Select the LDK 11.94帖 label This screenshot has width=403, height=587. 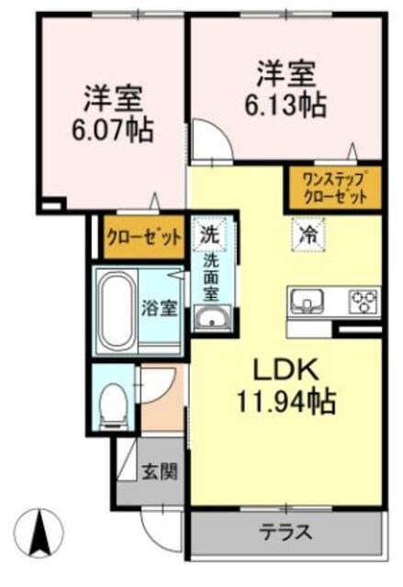point(285,385)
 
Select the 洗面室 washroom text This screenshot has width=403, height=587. point(212,276)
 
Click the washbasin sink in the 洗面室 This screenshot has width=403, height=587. point(212,319)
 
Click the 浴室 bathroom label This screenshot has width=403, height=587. point(159,308)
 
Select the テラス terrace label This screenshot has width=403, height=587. point(285,533)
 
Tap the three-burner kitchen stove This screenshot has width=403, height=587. point(361,299)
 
